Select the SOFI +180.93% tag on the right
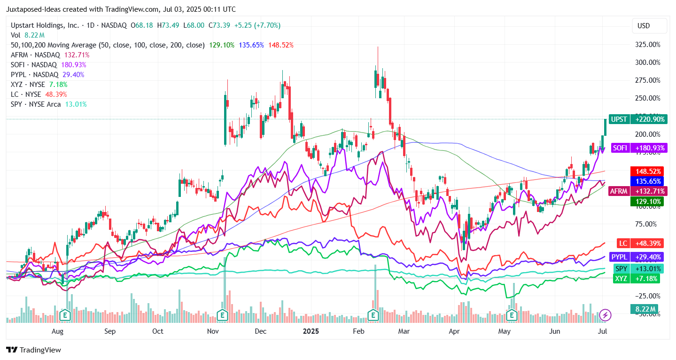pyautogui.click(x=637, y=148)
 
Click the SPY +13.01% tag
pyautogui.click(x=637, y=269)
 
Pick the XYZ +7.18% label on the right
pyautogui.click(x=637, y=279)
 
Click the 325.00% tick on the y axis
pyautogui.click(x=647, y=44)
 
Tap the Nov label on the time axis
pyautogui.click(x=213, y=331)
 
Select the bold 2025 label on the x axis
pyautogui.click(x=311, y=331)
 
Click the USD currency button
pyautogui.click(x=643, y=26)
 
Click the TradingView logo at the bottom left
pyautogui.click(x=33, y=350)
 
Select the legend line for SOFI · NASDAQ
pyautogui.click(x=47, y=64)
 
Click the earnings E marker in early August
pyautogui.click(x=64, y=314)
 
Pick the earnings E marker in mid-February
pyautogui.click(x=373, y=314)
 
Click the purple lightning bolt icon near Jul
pyautogui.click(x=606, y=314)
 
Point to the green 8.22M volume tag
pyautogui.click(x=644, y=309)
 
